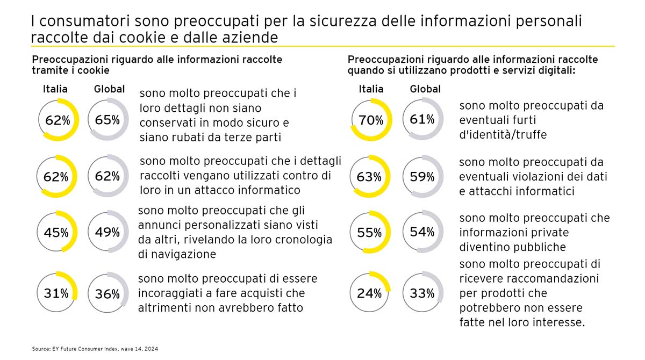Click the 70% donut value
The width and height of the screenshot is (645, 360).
click(370, 121)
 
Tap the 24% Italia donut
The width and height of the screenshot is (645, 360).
click(370, 293)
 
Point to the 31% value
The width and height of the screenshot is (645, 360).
click(56, 293)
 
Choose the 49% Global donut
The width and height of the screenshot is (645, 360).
click(107, 232)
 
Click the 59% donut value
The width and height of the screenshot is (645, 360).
click(422, 176)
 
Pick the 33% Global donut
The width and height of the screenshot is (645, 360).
click(422, 293)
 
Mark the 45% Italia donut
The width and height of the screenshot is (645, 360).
click(56, 233)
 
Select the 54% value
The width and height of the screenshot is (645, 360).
click(422, 232)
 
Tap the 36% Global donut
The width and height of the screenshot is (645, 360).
click(107, 294)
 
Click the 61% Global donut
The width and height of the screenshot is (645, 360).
click(422, 119)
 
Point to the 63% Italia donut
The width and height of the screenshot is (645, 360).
click(370, 176)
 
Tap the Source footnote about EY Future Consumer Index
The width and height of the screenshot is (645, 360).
click(95, 349)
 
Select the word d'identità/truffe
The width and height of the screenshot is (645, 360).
click(503, 134)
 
